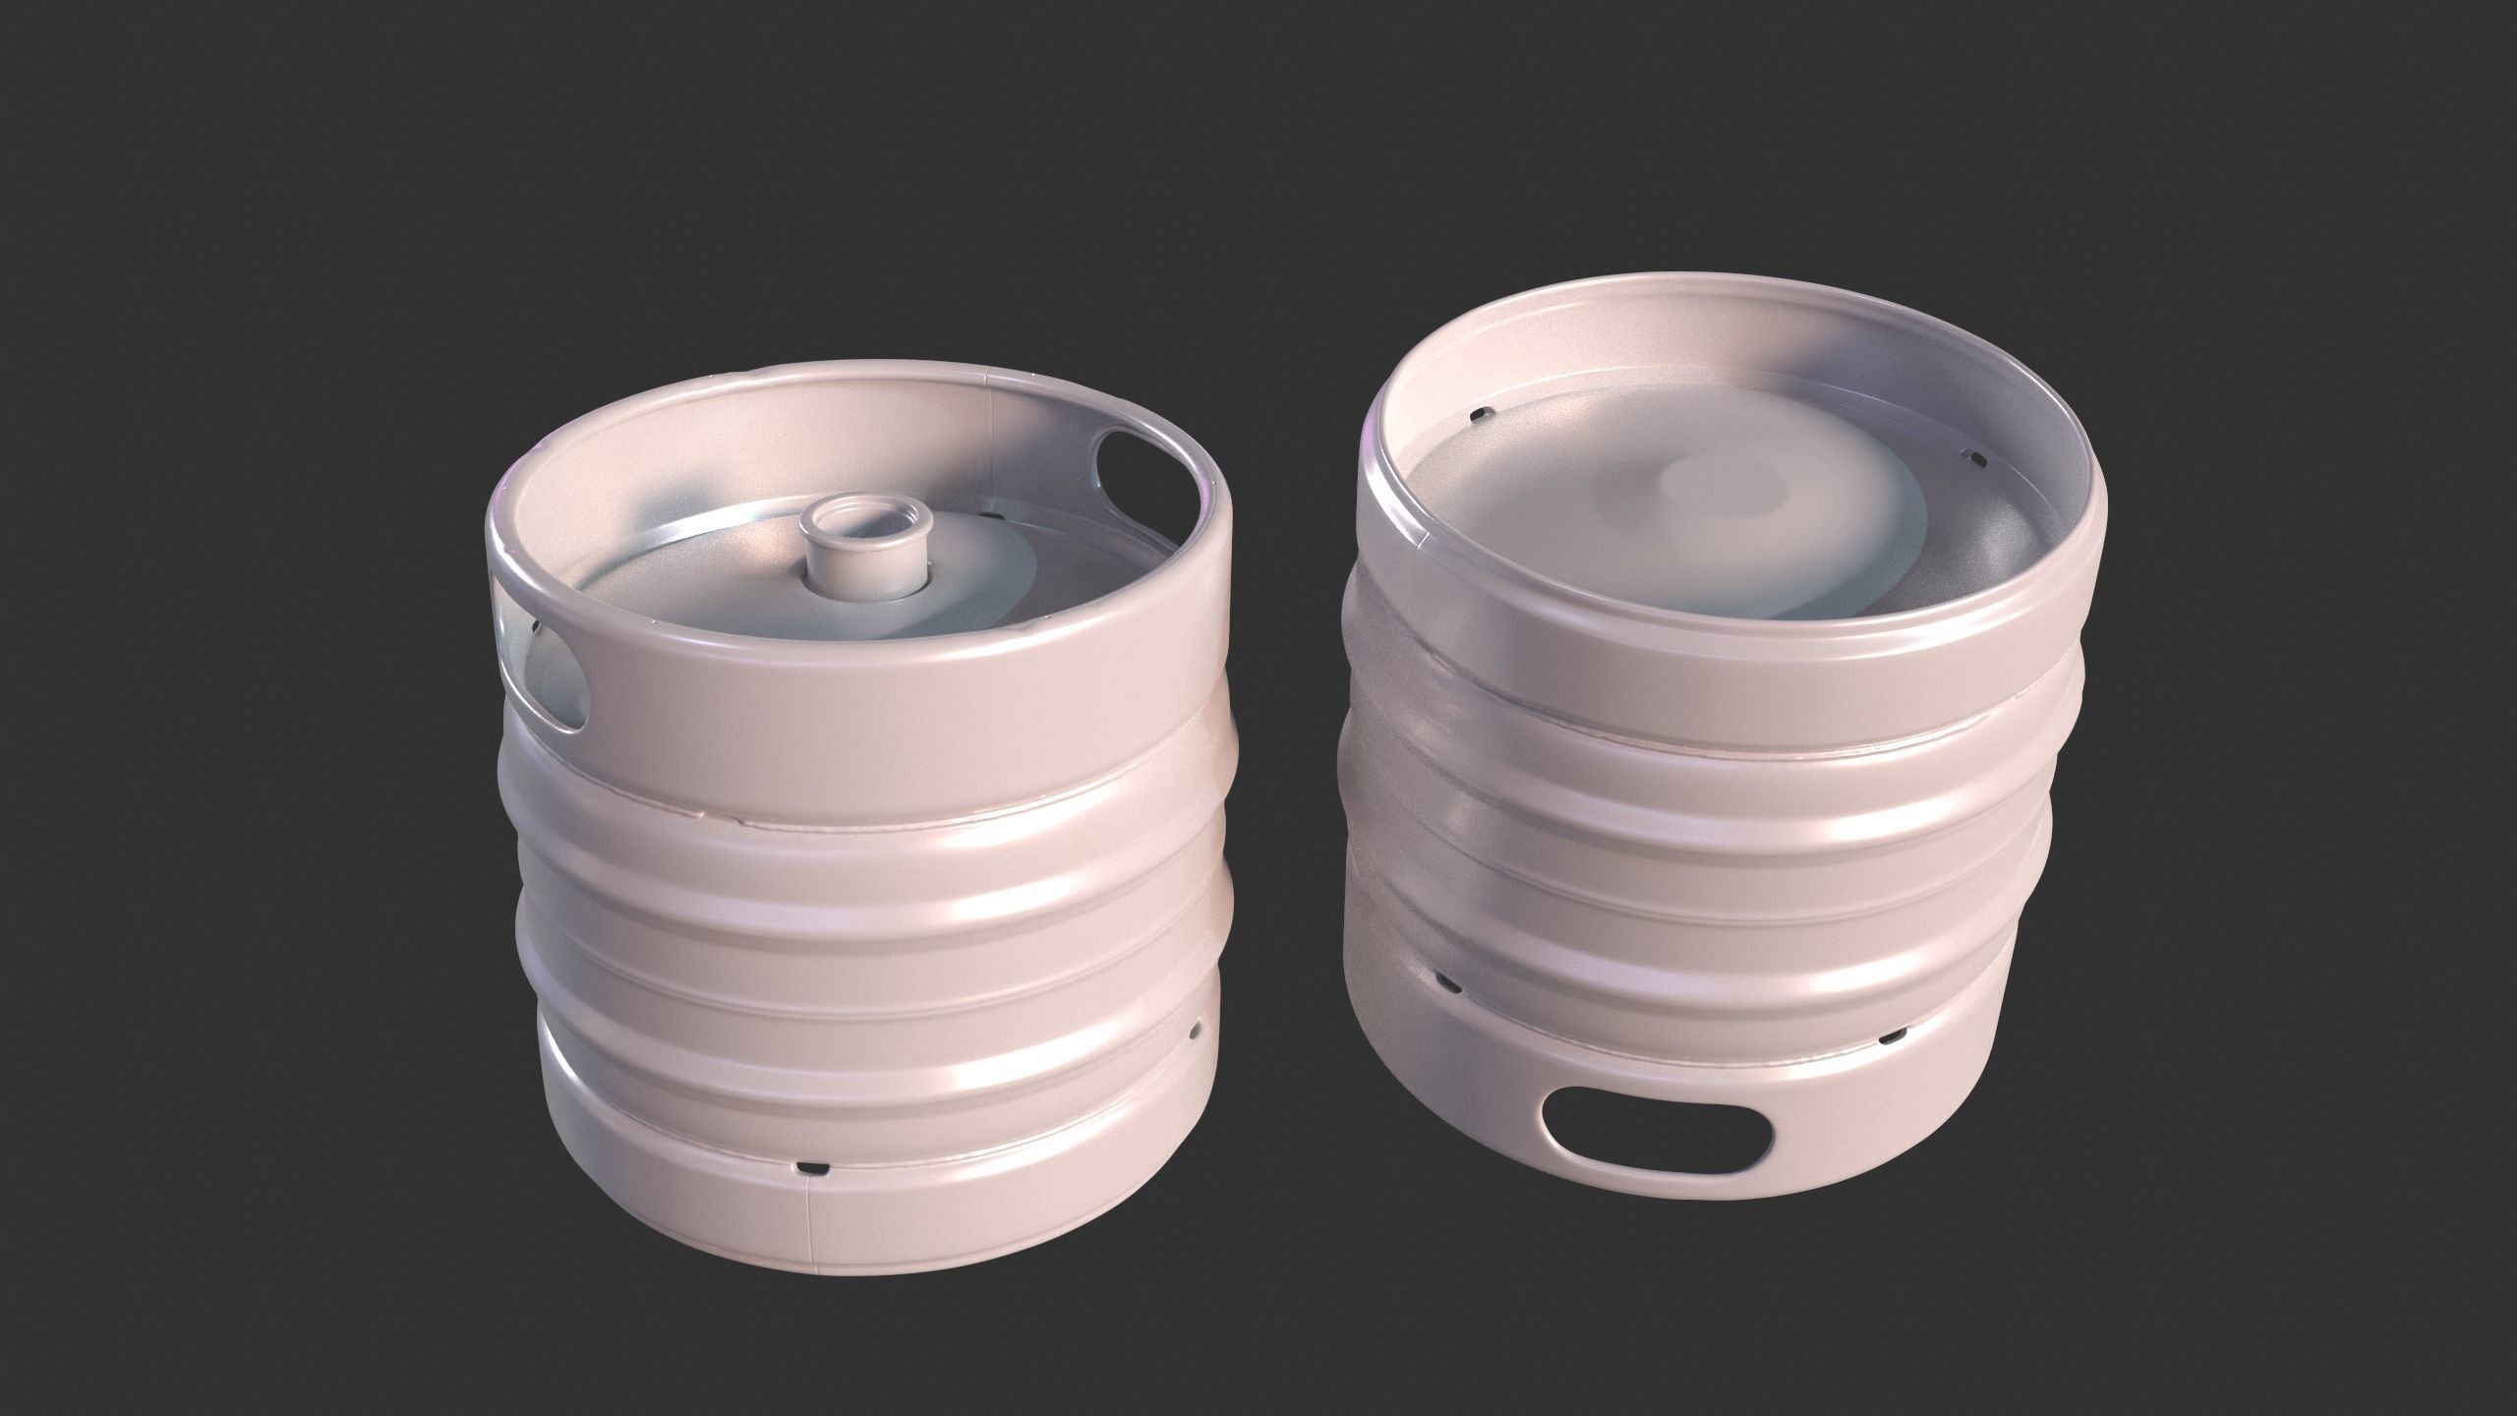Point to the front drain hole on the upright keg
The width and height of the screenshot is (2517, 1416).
tap(812, 1167)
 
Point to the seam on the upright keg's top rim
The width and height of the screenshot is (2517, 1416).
tap(986, 375)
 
